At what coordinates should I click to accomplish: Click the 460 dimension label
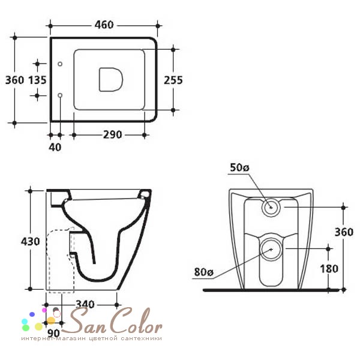coord(104,25)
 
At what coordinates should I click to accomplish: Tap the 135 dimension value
coord(37,80)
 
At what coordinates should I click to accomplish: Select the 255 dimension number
coord(173,80)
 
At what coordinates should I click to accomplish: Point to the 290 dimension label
coord(112,135)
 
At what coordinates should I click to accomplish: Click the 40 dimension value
coord(55,147)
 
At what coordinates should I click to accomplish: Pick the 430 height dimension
coord(31,242)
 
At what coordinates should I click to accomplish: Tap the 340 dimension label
coord(85,304)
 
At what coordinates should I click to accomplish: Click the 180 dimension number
coord(329,269)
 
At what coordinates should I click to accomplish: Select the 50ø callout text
coord(239,167)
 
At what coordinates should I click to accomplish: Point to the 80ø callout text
coord(204,272)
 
